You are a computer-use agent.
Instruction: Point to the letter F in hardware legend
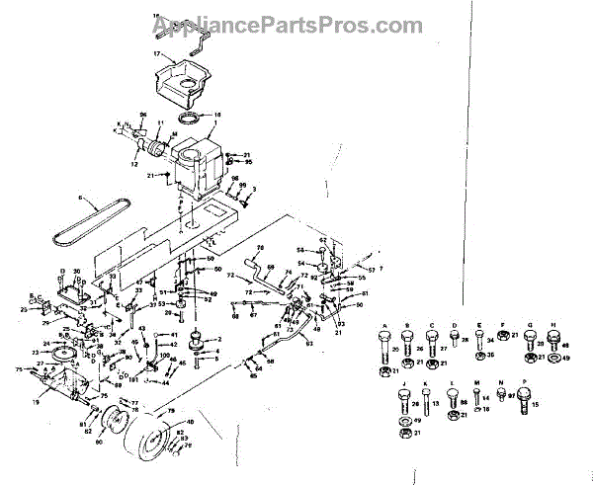(x=502, y=323)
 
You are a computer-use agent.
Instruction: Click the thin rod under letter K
(x=426, y=403)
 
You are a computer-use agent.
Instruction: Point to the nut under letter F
(x=502, y=339)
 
